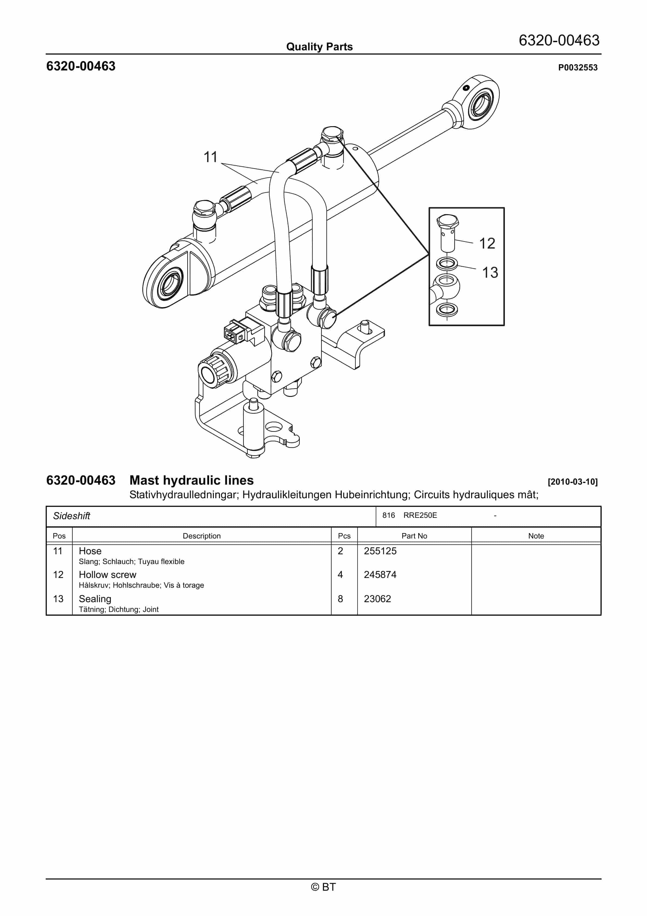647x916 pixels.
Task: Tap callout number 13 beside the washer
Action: click(x=490, y=273)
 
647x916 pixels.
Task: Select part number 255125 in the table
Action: click(x=380, y=551)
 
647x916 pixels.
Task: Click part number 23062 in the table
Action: click(x=377, y=599)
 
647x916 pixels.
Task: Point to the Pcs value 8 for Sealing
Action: click(x=340, y=599)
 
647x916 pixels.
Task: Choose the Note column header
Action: click(x=536, y=536)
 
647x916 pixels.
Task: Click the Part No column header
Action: click(x=414, y=536)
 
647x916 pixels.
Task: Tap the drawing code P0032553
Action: click(x=577, y=67)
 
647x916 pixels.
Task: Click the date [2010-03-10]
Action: click(x=573, y=482)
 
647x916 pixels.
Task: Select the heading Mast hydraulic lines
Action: click(x=191, y=480)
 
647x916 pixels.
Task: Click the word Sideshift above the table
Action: click(x=72, y=516)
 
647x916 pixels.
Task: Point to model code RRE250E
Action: click(x=420, y=515)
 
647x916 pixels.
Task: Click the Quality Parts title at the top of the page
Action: click(x=319, y=47)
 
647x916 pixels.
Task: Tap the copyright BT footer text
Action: click(x=323, y=887)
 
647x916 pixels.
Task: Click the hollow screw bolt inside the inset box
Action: click(x=447, y=233)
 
